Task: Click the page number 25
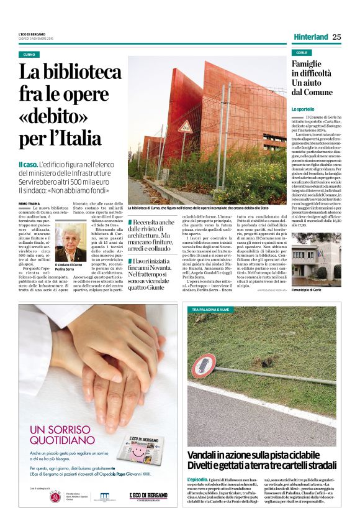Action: click(x=336, y=37)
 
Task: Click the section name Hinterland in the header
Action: click(x=310, y=37)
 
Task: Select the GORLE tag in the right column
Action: click(x=302, y=53)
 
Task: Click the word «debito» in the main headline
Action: click(x=48, y=115)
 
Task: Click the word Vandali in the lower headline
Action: click(x=204, y=455)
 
